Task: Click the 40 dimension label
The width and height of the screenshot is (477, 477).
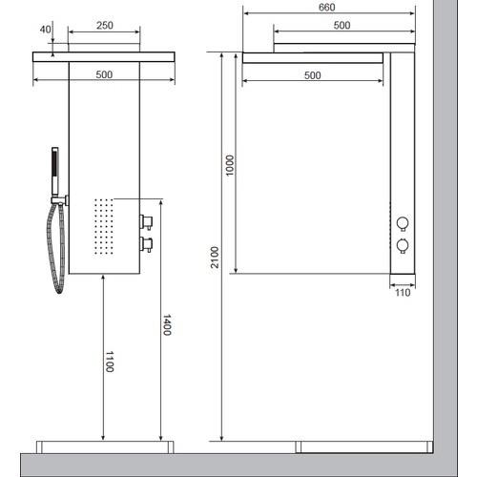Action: point(45,30)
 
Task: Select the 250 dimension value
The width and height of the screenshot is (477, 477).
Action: point(105,26)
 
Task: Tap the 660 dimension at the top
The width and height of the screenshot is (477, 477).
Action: point(327,7)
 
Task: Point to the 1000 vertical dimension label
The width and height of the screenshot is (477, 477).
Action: point(229,165)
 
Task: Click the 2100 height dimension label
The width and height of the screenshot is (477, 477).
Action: point(216,257)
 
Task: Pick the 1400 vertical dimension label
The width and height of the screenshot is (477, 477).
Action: point(167,324)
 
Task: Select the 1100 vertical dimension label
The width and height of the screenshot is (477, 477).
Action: point(110,362)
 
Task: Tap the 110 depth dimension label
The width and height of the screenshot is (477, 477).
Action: point(403,293)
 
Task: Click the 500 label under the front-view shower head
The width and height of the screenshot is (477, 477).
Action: point(104,74)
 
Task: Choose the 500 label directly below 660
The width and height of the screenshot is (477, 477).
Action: point(342,25)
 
